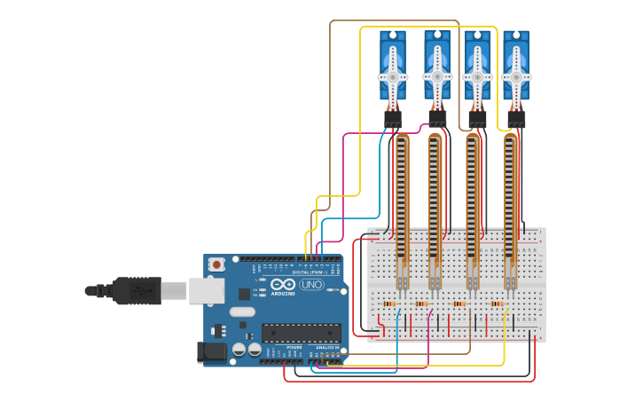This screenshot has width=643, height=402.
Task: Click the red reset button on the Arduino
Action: pos(216,264)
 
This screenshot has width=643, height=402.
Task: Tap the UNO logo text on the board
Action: pos(311,284)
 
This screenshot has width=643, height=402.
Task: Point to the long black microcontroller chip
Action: pos(301,333)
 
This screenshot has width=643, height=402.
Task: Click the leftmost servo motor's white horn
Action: pos(393,76)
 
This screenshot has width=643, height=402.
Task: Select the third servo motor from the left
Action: pos(477,69)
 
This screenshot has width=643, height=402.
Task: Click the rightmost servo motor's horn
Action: pos(516,76)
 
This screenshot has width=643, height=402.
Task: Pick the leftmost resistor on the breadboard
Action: pos(388,303)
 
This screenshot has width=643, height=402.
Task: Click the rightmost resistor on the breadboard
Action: pos(497,303)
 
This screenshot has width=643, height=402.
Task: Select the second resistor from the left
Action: pos(421,303)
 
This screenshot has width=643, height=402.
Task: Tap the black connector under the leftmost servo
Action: pos(393,119)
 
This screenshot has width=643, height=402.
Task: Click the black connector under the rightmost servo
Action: pos(516,119)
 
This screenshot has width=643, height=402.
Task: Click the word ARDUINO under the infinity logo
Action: pos(283,293)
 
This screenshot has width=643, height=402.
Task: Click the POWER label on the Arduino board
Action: pos(294,347)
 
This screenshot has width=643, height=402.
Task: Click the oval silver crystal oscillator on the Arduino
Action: pos(241,311)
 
